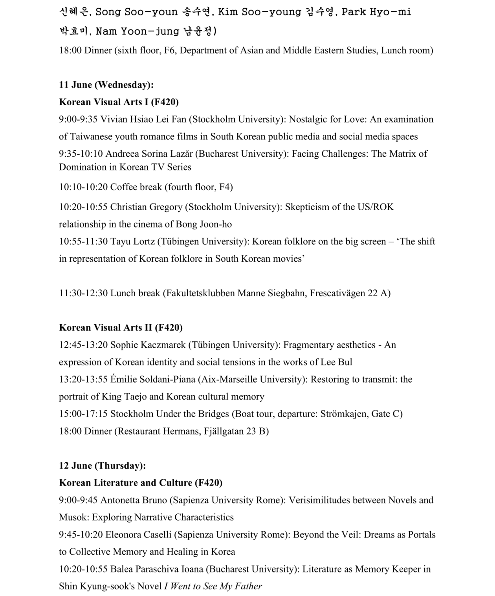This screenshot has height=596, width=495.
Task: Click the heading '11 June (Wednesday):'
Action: (106, 85)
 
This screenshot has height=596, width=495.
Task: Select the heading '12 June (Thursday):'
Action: (102, 466)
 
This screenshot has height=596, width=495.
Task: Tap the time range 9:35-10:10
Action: (81, 154)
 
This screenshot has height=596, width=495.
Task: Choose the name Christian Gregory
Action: (146, 207)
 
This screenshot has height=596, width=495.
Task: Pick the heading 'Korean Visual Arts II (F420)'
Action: (121, 328)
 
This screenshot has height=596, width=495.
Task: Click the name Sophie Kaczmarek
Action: (148, 345)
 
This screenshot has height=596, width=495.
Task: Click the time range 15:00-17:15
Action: (83, 414)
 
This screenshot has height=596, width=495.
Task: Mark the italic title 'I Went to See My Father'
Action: (213, 587)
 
